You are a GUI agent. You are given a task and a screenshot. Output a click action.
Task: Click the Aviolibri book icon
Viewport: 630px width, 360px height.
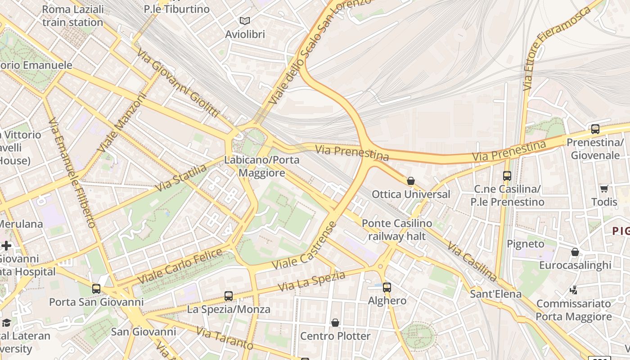coord(244,21)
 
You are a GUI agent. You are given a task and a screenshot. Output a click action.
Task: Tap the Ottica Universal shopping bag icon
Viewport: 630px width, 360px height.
coord(410,181)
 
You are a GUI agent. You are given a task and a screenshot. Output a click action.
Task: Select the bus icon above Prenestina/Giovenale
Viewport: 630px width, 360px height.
coord(595,129)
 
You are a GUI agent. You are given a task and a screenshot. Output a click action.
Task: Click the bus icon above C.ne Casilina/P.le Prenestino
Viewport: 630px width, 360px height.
coord(507,176)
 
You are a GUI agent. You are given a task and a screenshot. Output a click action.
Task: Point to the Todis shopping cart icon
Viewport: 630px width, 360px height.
coord(604,189)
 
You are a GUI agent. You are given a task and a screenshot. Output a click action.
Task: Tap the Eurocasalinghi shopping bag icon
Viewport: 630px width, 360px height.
coord(575,252)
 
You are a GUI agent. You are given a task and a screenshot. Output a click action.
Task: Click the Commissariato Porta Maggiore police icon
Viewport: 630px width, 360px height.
coord(573,290)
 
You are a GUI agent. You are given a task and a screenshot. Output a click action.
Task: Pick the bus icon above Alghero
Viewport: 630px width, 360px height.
coord(387,287)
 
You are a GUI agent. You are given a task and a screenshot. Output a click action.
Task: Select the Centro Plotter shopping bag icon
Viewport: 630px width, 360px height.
coord(335,323)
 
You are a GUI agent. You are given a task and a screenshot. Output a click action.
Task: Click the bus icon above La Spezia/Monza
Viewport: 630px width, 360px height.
coord(229,296)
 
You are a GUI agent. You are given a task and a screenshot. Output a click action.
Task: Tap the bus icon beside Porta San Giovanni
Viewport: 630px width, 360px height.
coord(96,288)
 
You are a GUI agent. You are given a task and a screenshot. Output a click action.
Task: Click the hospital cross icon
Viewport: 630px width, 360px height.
coord(6,246)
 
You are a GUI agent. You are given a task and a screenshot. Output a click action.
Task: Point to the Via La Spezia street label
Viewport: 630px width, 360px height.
coord(311,281)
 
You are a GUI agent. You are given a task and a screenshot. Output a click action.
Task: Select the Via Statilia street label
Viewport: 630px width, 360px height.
coord(180,178)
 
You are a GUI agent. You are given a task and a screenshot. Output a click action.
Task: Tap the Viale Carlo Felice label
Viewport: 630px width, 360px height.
coord(180,265)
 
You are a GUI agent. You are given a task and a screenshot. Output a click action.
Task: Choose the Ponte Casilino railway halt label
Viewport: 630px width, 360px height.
coord(396,229)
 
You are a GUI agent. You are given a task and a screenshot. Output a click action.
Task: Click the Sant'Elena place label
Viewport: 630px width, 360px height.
coord(495,294)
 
